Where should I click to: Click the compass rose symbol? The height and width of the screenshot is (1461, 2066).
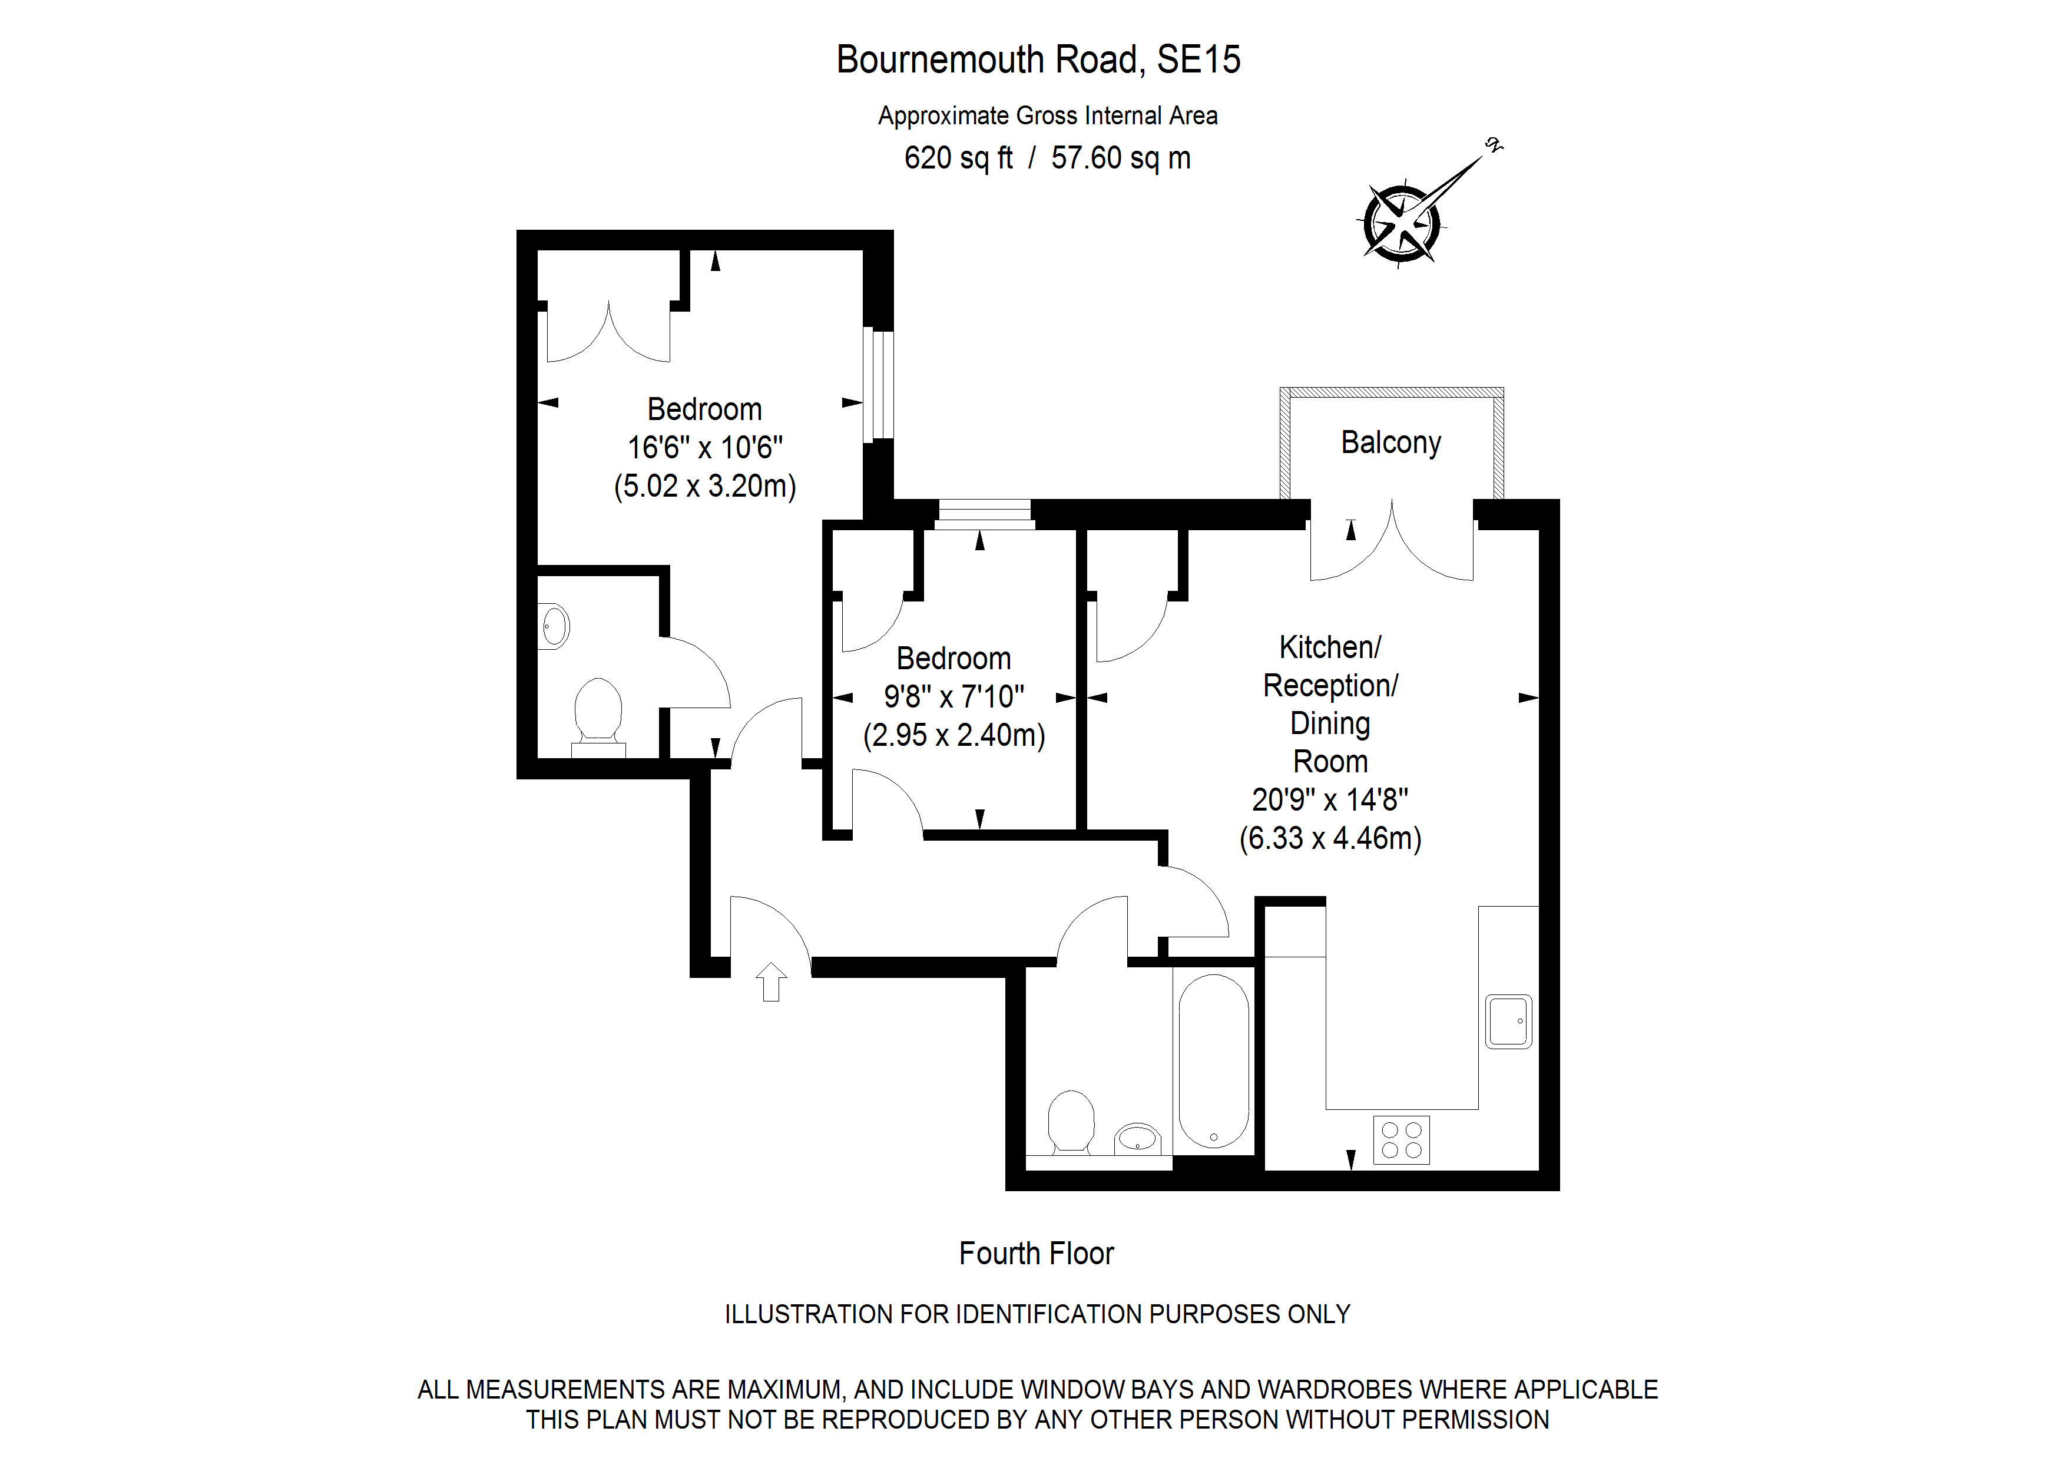click(1402, 224)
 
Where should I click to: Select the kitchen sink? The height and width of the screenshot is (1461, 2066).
click(1508, 1021)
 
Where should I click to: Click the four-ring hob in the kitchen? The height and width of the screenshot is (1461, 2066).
click(1401, 1139)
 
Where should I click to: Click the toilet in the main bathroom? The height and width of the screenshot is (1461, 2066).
click(1071, 1122)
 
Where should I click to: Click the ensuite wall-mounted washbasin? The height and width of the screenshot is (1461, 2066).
click(554, 627)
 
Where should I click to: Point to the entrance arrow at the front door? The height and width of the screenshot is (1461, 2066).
click(771, 981)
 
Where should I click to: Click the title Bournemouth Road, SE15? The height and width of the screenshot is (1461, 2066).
click(1038, 60)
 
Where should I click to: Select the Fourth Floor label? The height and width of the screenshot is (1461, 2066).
click(1036, 1253)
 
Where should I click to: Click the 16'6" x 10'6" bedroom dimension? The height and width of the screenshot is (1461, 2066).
click(704, 447)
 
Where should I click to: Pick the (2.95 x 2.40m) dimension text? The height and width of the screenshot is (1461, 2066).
click(954, 735)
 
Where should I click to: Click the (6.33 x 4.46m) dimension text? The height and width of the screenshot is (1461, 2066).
click(1330, 838)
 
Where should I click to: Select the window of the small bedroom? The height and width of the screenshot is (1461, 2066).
click(984, 514)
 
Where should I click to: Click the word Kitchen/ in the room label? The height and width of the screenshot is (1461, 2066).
click(1330, 647)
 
